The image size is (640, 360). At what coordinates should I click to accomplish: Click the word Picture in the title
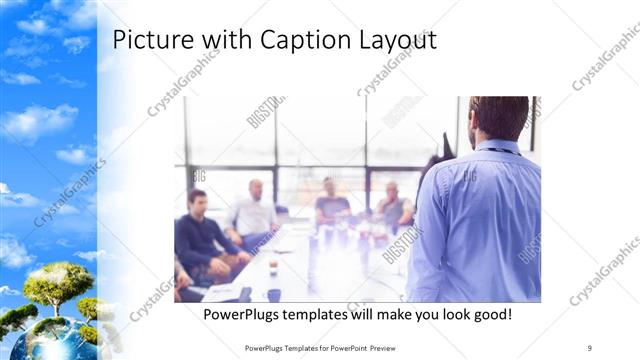[x=146, y=40]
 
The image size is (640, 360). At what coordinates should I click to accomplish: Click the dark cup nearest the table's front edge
[x=273, y=295]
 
